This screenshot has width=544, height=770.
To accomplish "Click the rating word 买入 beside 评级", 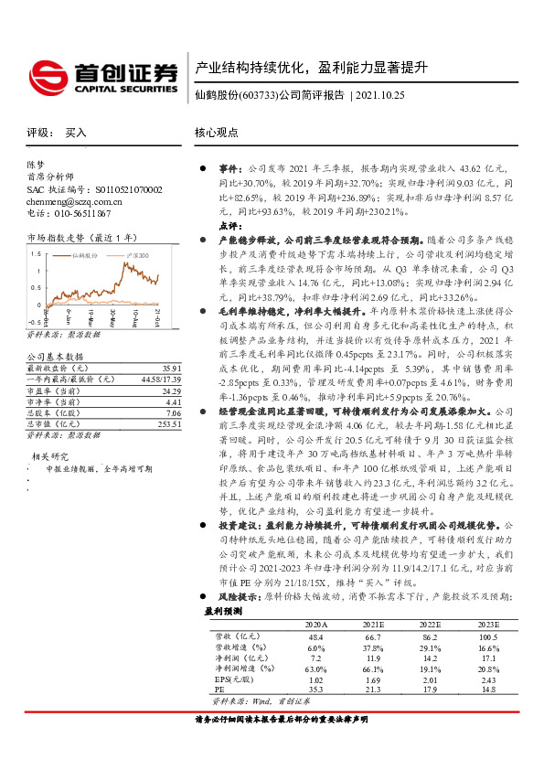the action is point(76,133).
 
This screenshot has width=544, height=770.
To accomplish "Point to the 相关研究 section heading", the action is point(49,430).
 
